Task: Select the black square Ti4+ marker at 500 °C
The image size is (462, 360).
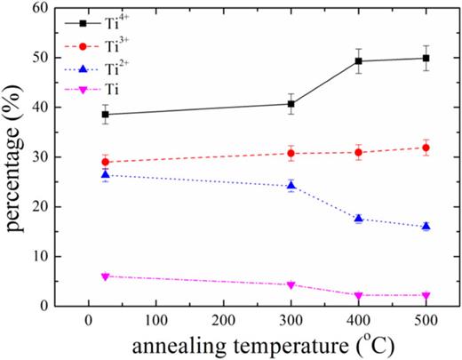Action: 426,59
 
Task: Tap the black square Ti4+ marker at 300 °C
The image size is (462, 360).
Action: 291,104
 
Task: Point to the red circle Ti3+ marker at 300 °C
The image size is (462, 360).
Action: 291,153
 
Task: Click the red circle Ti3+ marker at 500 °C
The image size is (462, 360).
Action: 426,148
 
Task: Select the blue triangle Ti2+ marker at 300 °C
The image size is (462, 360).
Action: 291,186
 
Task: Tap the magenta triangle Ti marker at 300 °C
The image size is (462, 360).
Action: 291,285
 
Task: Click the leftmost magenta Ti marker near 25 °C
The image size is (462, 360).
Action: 106,276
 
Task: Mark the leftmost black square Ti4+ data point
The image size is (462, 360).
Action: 106,115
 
